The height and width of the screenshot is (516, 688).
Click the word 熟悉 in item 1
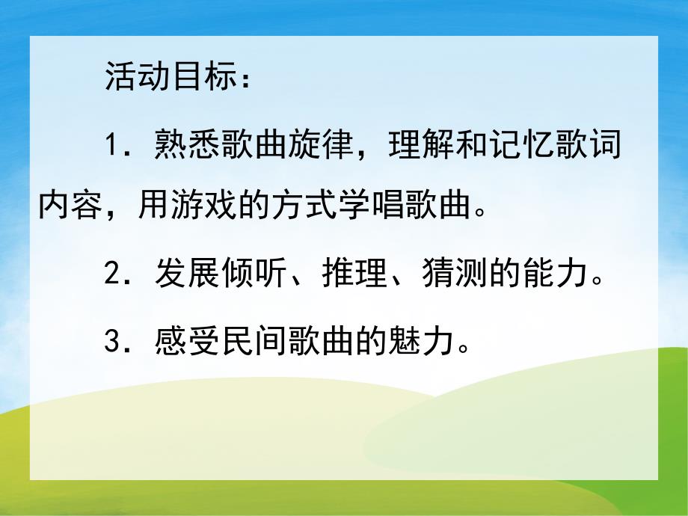point(186,144)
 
